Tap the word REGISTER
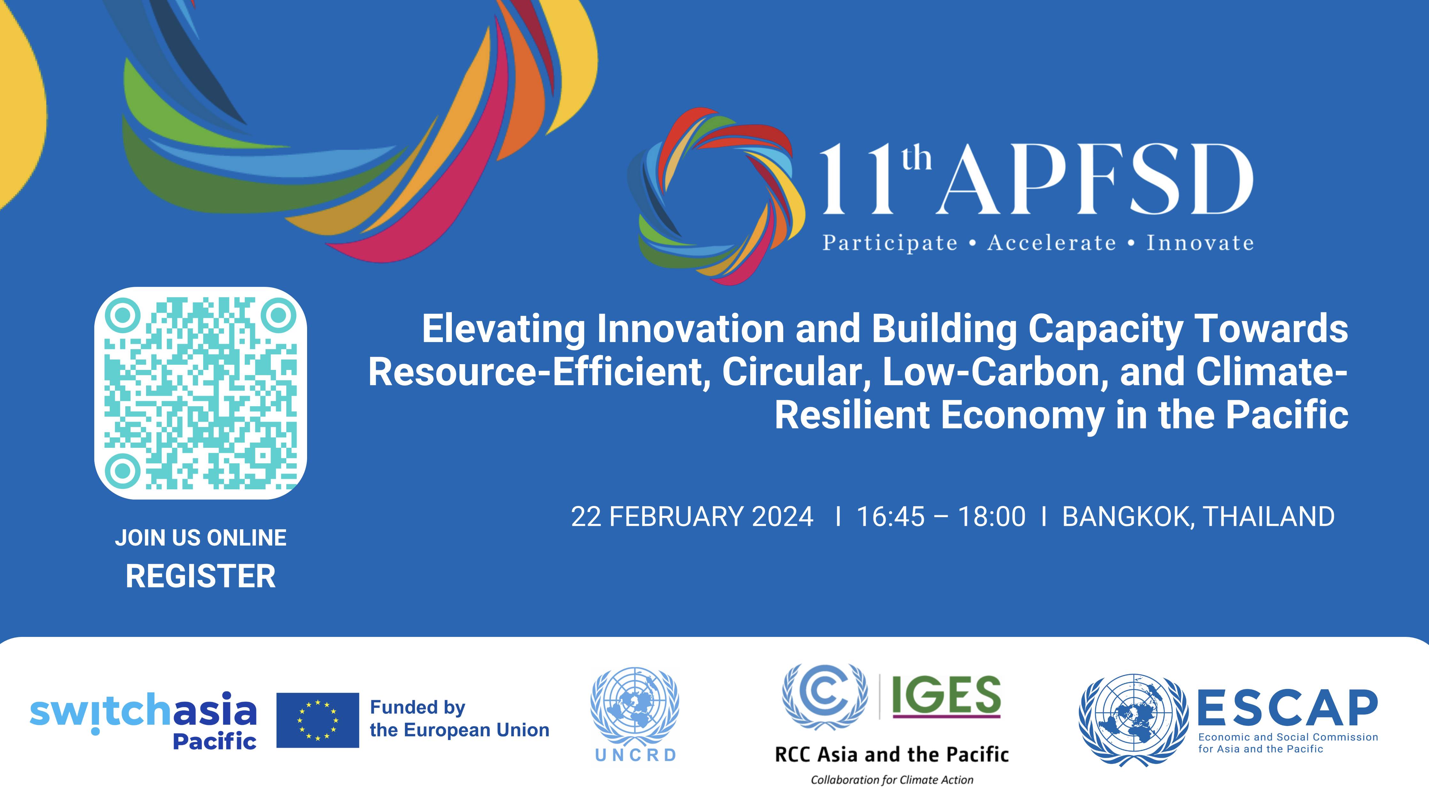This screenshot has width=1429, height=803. click(x=200, y=576)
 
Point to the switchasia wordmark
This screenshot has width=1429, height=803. click(x=143, y=712)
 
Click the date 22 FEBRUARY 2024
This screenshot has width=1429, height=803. click(x=692, y=516)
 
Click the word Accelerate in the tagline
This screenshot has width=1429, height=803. click(x=1051, y=243)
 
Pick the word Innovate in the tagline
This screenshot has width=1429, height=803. click(x=1200, y=243)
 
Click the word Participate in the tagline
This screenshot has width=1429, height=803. click(x=890, y=243)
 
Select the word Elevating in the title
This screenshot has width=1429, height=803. click(x=503, y=329)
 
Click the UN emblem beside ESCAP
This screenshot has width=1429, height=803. click(x=1133, y=720)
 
